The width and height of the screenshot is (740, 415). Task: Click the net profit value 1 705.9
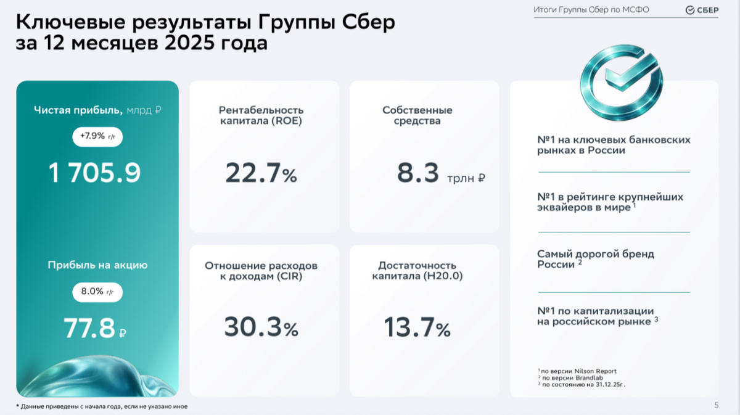click(95, 174)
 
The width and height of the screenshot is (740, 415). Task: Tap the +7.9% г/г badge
click(97, 136)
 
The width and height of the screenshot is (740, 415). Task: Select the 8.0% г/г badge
click(97, 291)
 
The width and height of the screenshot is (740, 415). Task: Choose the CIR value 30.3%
click(261, 327)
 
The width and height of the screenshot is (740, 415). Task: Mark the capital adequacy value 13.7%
click(417, 327)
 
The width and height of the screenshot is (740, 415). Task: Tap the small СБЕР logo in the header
click(702, 10)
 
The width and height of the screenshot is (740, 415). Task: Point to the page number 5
click(716, 405)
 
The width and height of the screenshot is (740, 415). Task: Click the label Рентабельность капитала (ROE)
click(261, 115)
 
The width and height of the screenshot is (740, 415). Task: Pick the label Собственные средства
click(417, 115)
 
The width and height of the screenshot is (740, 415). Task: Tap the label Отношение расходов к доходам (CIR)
click(261, 271)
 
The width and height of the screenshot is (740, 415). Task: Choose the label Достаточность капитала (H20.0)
click(417, 271)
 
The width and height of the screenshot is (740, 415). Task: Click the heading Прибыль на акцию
click(97, 265)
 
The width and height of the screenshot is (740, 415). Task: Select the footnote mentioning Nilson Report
click(578, 371)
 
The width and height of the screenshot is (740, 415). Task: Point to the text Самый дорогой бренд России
click(595, 258)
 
